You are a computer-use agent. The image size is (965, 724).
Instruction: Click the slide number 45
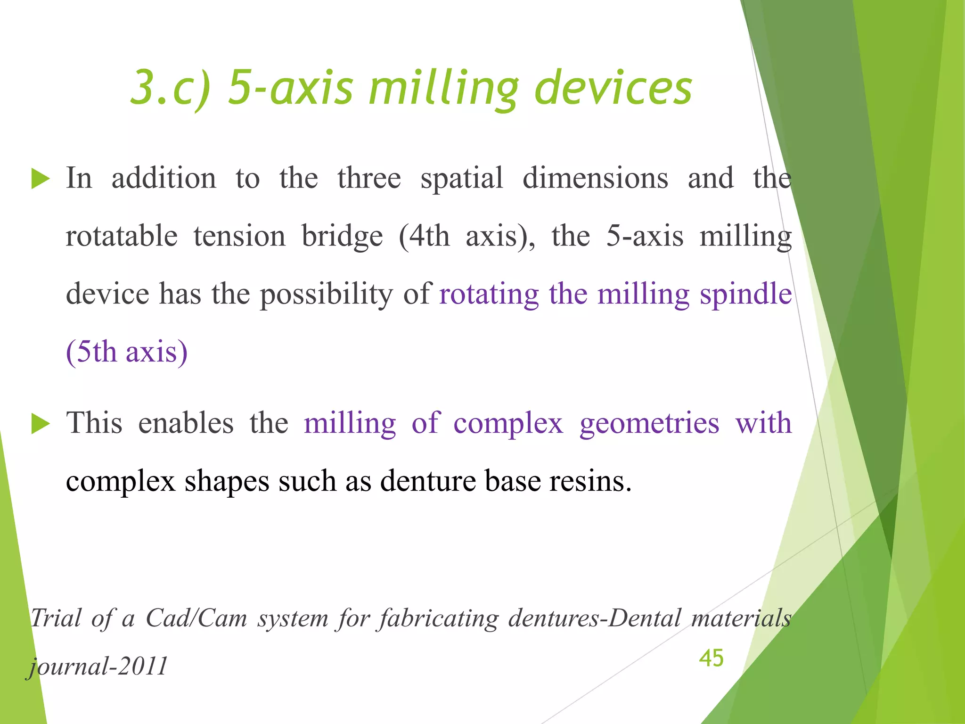tap(711, 658)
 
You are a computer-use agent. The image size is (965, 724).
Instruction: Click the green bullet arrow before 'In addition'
tap(41, 180)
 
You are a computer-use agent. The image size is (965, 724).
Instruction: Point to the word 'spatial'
tap(461, 179)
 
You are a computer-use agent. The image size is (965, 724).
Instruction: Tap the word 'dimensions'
tap(595, 179)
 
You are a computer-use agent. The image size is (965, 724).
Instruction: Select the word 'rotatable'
tap(122, 236)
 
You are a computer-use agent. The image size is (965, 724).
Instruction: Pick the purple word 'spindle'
tap(745, 295)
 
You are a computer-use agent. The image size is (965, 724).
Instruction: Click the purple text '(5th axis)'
tap(127, 352)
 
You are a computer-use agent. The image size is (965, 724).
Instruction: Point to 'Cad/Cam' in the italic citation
tap(196, 618)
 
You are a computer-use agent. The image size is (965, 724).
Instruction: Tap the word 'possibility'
tap(326, 295)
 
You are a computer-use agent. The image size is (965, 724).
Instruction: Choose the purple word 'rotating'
tap(489, 295)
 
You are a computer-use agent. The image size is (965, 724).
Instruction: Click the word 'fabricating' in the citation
tap(439, 618)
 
